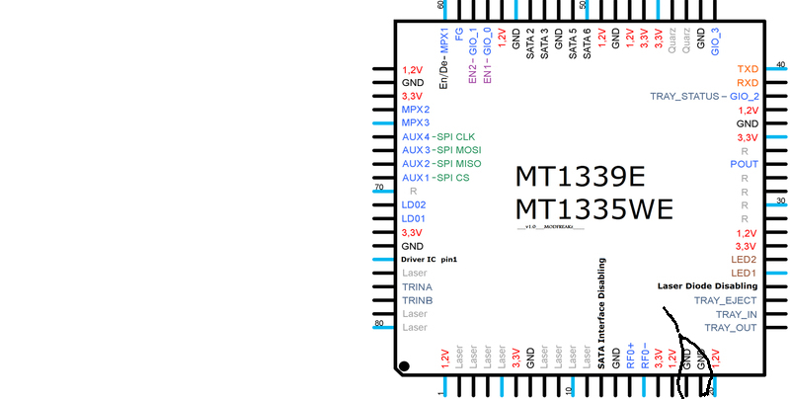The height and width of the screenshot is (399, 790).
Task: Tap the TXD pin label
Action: [748, 69]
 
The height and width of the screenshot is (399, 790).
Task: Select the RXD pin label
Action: [748, 83]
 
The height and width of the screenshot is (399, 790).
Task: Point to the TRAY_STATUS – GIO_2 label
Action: [704, 97]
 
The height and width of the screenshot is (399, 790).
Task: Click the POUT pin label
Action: [744, 164]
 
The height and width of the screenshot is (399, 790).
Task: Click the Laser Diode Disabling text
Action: [707, 286]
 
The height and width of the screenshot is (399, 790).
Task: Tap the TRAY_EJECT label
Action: [725, 300]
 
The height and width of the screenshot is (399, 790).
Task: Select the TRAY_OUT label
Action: [731, 327]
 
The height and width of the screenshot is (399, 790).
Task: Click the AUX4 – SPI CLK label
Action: [438, 136]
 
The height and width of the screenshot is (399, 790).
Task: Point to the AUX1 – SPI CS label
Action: [434, 177]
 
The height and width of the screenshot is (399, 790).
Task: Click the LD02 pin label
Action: [414, 204]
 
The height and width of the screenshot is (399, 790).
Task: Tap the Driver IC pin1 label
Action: [430, 259]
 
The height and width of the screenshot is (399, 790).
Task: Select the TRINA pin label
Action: [418, 286]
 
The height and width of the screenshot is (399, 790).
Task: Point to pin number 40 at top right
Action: [781, 64]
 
